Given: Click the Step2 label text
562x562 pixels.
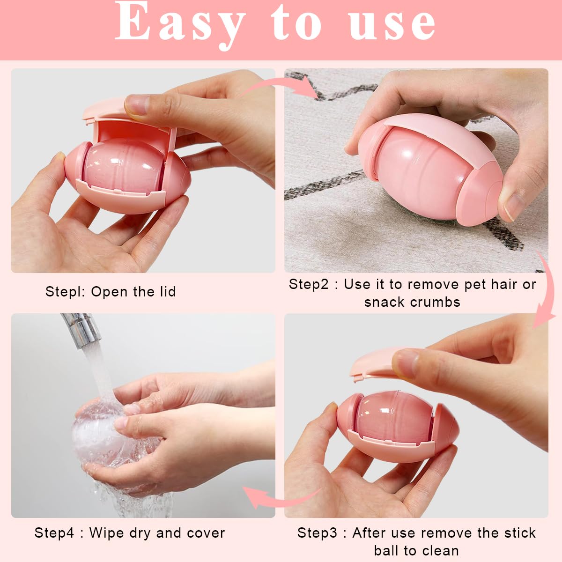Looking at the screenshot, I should [309, 284].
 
